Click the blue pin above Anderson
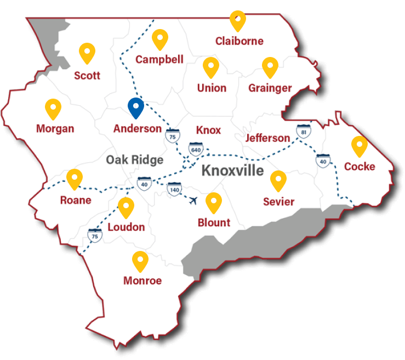(135, 108)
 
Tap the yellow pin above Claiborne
(237, 20)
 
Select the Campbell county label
(159, 59)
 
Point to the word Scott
(87, 75)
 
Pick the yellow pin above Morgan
(53, 108)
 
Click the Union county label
(212, 88)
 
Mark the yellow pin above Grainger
(270, 67)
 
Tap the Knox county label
(208, 130)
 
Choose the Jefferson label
(267, 138)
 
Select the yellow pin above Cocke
(360, 146)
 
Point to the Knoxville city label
(232, 170)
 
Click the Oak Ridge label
(135, 159)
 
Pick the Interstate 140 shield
(174, 188)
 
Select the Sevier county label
(278, 202)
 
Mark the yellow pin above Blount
(213, 202)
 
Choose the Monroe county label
(142, 281)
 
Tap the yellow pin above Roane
(74, 179)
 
